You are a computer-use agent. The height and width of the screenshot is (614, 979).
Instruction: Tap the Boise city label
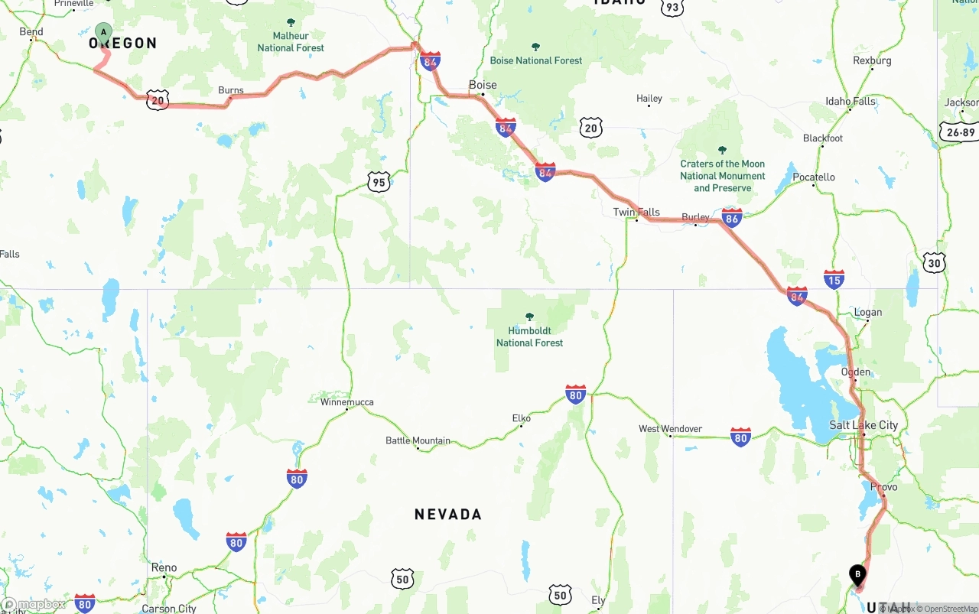point(483,85)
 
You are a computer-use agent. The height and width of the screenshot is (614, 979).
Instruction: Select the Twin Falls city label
point(636,212)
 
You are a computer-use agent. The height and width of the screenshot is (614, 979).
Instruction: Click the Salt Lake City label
point(864,425)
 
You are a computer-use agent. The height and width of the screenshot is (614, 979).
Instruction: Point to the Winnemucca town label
point(347,402)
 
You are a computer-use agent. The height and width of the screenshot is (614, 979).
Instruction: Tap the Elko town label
point(522,418)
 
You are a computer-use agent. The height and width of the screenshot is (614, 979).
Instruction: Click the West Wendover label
point(670,429)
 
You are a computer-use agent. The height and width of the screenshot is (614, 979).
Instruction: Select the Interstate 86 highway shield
point(732,218)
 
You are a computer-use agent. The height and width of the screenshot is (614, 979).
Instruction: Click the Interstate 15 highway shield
point(834,279)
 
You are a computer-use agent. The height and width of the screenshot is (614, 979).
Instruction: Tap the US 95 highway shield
point(379,181)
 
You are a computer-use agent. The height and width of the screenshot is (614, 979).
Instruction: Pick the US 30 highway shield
point(934,262)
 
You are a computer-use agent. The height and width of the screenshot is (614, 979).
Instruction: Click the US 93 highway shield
point(672,7)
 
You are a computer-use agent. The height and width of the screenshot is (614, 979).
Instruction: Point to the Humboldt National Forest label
point(529,336)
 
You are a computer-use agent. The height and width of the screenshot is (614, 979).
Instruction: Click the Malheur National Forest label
point(291,41)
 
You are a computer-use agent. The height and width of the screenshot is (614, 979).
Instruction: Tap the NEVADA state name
point(448,515)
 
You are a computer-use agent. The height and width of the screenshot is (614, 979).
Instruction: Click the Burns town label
point(231,90)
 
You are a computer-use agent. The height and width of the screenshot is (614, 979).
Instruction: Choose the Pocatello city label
point(814,177)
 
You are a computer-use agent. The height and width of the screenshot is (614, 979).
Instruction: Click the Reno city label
point(164,567)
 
